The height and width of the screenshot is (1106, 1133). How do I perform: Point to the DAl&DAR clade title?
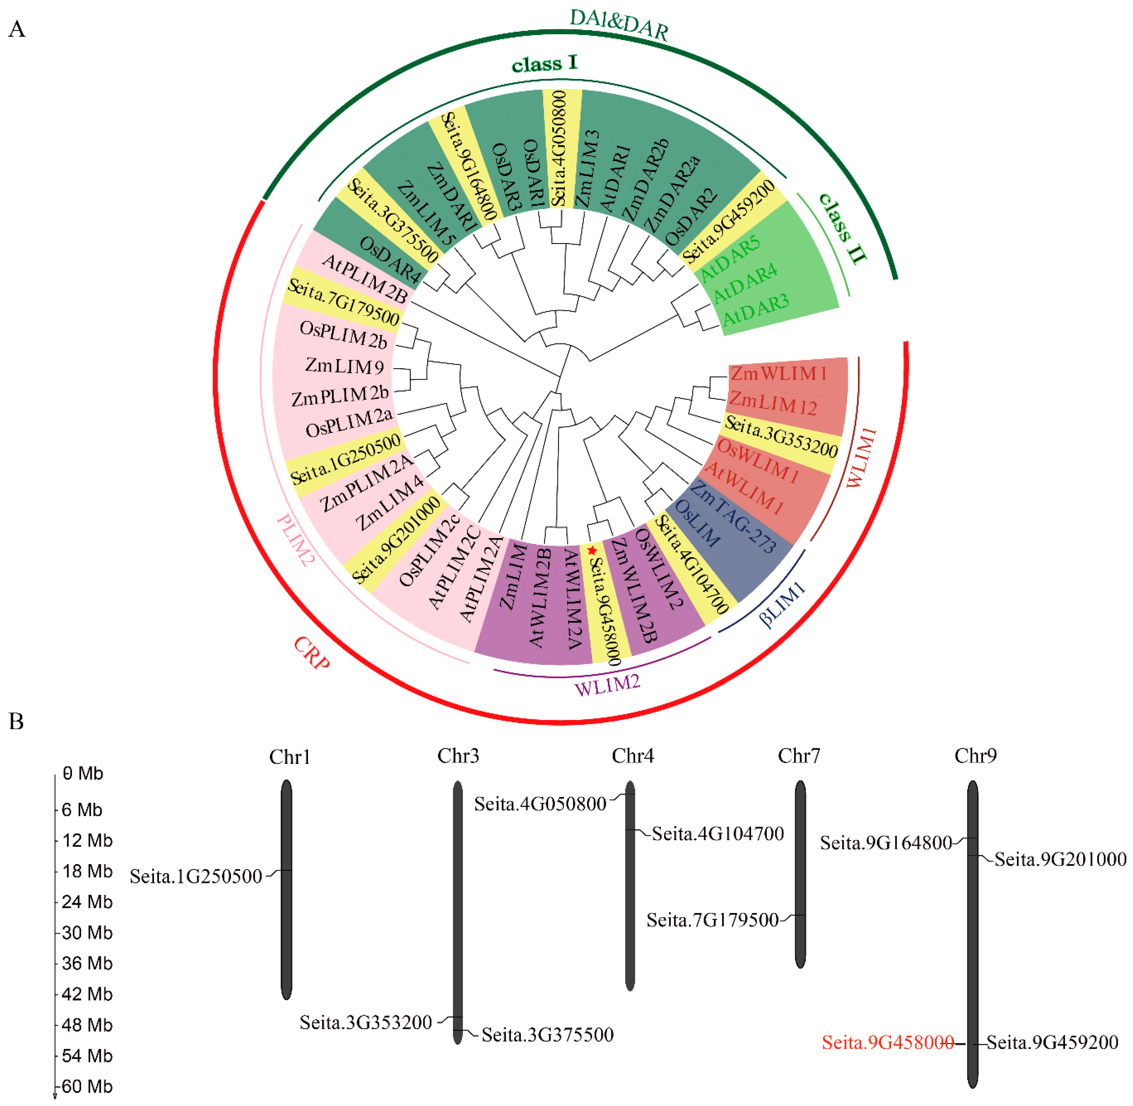[619, 24]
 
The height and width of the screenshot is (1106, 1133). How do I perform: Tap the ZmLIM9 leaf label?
[344, 366]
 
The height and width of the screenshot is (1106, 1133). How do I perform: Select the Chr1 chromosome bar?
[286, 889]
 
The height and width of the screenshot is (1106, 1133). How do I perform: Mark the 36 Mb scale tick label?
[87, 963]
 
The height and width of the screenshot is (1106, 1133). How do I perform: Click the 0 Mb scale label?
[83, 774]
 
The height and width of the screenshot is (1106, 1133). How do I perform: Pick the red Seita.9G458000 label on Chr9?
[887, 1042]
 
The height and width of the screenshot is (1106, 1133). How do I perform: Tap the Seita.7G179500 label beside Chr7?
[712, 919]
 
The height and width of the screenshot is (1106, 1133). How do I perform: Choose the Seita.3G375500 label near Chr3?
[547, 1035]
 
